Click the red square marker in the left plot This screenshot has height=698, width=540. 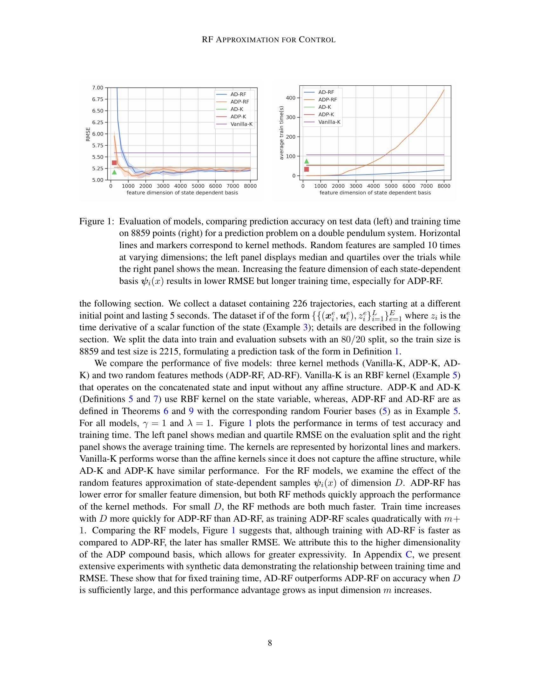[x=114, y=163]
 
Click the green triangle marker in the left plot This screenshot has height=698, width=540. [x=114, y=172]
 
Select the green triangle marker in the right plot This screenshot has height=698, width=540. [x=307, y=161]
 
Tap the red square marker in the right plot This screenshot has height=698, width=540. [x=307, y=169]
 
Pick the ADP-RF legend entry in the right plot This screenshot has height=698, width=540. [x=327, y=100]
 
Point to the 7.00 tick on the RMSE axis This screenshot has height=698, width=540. [x=98, y=88]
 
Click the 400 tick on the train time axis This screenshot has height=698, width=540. [x=290, y=98]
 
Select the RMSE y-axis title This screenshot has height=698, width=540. [x=88, y=134]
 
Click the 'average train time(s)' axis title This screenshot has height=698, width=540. [x=281, y=133]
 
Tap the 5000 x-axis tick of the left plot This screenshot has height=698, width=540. [x=198, y=186]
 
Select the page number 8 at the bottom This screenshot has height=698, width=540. [x=270, y=643]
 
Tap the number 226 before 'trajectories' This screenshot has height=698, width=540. [x=300, y=303]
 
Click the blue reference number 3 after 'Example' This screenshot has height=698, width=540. [x=305, y=327]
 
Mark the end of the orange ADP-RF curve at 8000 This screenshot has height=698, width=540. [x=444, y=90]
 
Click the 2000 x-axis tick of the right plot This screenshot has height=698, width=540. [x=338, y=186]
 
